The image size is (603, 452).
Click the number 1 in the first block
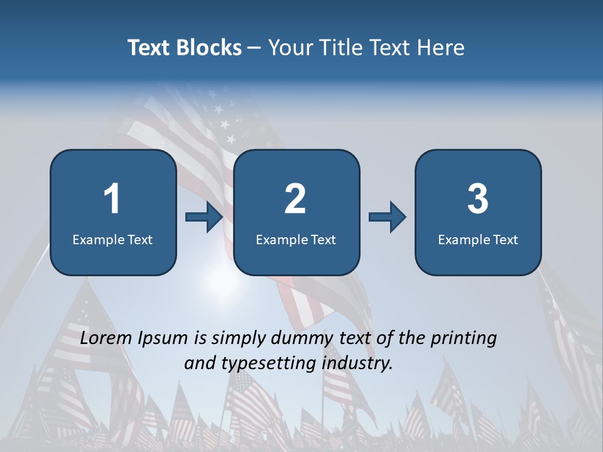[x=112, y=199]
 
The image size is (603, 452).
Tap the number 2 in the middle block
[x=295, y=199]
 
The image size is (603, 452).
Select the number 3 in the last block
[x=478, y=199]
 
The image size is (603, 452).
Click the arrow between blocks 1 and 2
[x=204, y=217]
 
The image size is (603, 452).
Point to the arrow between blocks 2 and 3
[x=387, y=217]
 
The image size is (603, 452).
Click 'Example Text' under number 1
[x=112, y=239]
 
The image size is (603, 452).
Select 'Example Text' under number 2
[x=296, y=239]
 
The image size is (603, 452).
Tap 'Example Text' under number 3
[x=478, y=239]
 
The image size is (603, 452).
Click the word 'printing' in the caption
[x=464, y=338]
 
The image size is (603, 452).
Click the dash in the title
[x=254, y=48]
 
